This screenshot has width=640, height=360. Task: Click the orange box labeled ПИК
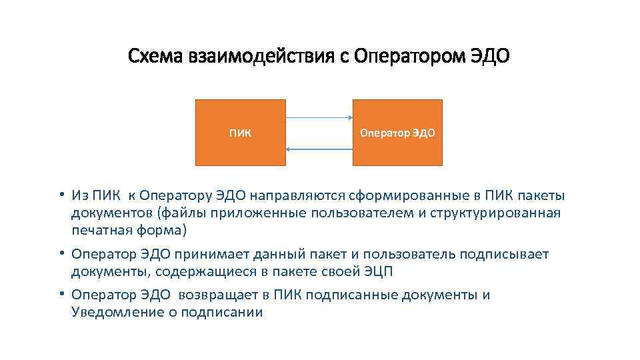point(240,132)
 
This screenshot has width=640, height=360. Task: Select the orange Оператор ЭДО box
point(397,132)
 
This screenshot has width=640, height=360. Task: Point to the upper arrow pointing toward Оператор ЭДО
point(319,117)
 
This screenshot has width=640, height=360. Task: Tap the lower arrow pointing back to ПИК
point(319,149)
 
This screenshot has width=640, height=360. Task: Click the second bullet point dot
point(61,254)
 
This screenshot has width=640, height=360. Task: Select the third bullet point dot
point(61,295)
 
